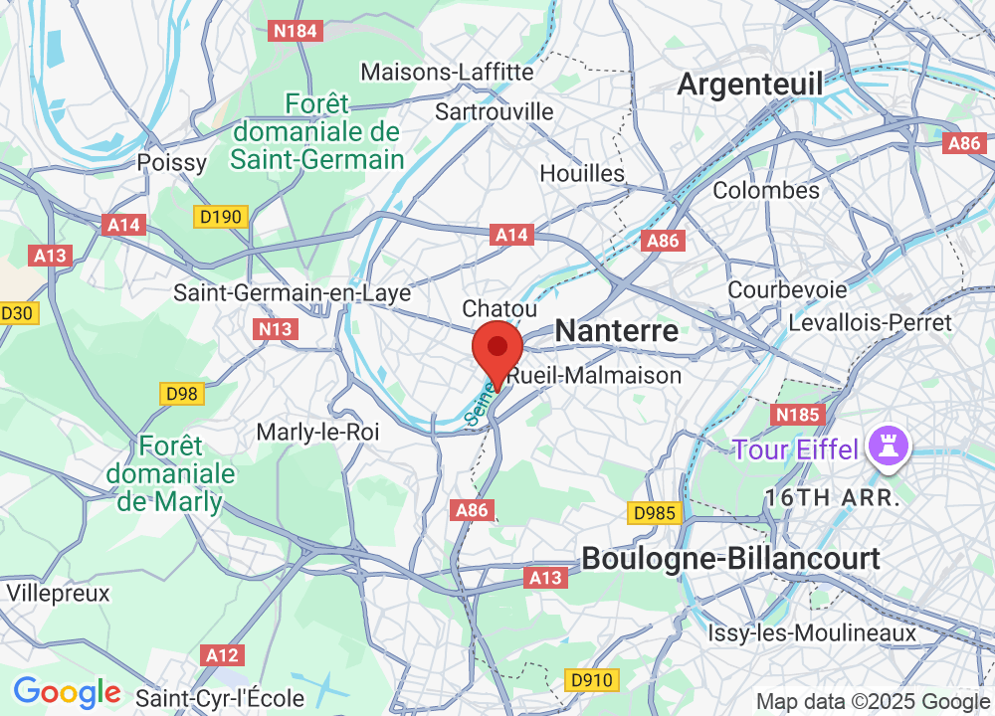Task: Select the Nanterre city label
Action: click(616, 331)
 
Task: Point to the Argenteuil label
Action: click(749, 86)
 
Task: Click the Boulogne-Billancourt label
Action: click(730, 559)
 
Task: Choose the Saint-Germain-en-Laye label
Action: click(292, 293)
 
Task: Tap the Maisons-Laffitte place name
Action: click(447, 73)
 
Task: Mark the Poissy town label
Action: click(172, 162)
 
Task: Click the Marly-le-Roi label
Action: click(318, 433)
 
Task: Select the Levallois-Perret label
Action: click(870, 322)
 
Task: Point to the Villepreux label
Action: click(58, 593)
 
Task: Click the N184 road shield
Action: click(296, 31)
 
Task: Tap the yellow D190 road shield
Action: click(220, 216)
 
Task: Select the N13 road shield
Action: click(276, 329)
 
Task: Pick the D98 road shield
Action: click(182, 394)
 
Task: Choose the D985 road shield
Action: click(655, 513)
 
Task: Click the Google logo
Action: click(67, 692)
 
